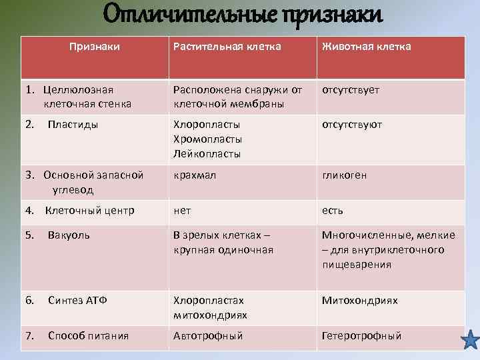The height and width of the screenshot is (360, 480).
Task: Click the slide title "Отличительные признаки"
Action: [243, 15]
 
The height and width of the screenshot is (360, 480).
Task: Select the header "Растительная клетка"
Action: [227, 47]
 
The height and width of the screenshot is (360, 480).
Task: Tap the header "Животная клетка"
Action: [366, 47]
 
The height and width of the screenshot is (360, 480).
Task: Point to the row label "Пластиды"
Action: [73, 125]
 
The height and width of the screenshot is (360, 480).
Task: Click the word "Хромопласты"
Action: [207, 139]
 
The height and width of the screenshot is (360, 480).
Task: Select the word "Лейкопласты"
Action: [207, 154]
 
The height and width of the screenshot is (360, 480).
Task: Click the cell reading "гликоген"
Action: [344, 175]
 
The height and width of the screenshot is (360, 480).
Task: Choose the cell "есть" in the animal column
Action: [333, 211]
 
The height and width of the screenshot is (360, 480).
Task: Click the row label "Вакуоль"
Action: [69, 235]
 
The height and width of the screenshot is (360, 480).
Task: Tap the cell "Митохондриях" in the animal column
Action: [359, 301]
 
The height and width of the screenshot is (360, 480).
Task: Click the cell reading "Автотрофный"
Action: [208, 336]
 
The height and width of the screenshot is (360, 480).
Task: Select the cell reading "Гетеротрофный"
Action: [361, 336]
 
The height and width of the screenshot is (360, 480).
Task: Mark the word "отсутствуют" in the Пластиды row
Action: [352, 125]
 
